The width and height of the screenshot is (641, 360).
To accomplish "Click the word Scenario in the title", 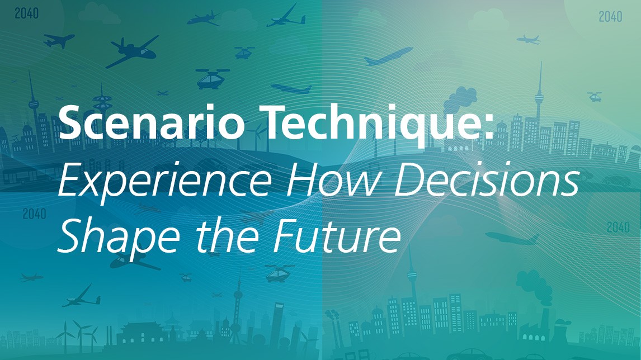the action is point(151,122).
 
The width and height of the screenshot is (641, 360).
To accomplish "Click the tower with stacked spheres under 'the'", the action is point(237,311).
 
